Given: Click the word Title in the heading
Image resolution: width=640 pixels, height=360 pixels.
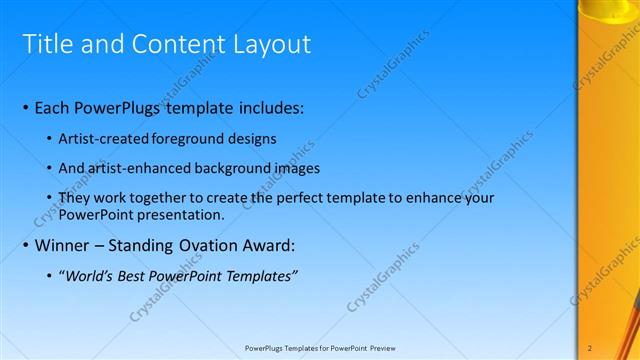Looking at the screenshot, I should click(x=47, y=44).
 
